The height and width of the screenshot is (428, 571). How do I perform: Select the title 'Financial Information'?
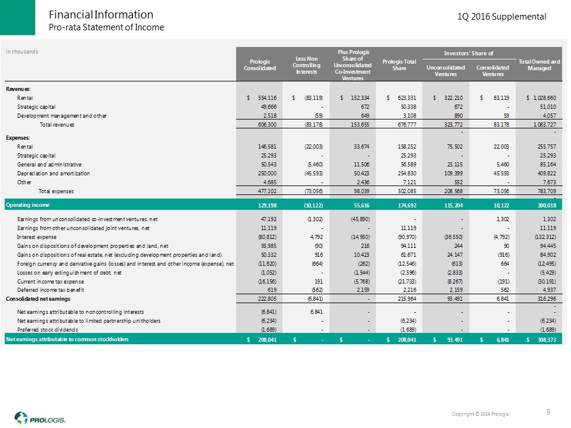[x=101, y=14]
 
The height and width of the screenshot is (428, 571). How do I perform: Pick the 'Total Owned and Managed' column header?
[x=539, y=65]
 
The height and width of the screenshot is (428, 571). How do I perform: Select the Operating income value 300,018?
[x=543, y=204]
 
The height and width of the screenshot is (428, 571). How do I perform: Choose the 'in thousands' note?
[x=22, y=51]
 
